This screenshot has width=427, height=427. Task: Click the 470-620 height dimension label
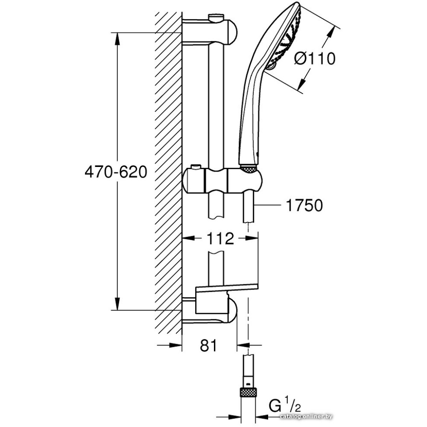(x=116, y=172)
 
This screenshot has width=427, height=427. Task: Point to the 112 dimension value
(x=221, y=239)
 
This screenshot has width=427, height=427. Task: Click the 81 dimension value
(x=208, y=345)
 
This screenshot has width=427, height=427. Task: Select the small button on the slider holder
(x=196, y=167)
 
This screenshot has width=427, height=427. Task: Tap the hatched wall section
(x=168, y=171)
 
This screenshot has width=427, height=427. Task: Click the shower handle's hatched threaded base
(x=248, y=169)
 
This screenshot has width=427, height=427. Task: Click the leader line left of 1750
(x=269, y=206)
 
